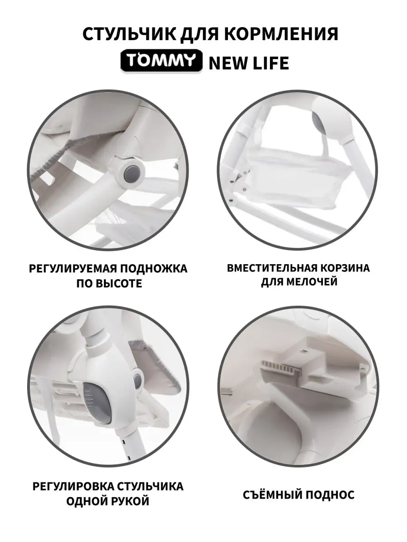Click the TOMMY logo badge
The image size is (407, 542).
pyautogui.click(x=161, y=61)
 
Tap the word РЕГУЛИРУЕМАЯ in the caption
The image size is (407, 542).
pyautogui.click(x=73, y=268)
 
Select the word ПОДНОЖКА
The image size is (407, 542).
pyautogui.click(x=154, y=268)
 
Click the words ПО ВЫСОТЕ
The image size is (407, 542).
pyautogui.click(x=109, y=283)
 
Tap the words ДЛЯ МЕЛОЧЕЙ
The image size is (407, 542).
pyautogui.click(x=299, y=281)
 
